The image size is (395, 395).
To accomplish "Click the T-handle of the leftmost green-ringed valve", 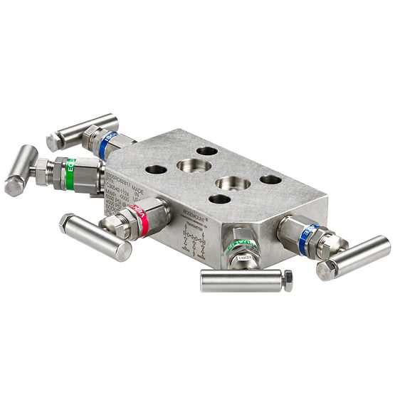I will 21,170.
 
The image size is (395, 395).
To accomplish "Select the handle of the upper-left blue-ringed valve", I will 82,131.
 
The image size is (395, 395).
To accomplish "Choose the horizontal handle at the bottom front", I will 242,280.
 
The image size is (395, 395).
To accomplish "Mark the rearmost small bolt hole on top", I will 206,152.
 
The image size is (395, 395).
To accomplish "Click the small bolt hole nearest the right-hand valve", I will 270,179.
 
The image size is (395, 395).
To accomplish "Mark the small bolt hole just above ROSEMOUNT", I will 220,199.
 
